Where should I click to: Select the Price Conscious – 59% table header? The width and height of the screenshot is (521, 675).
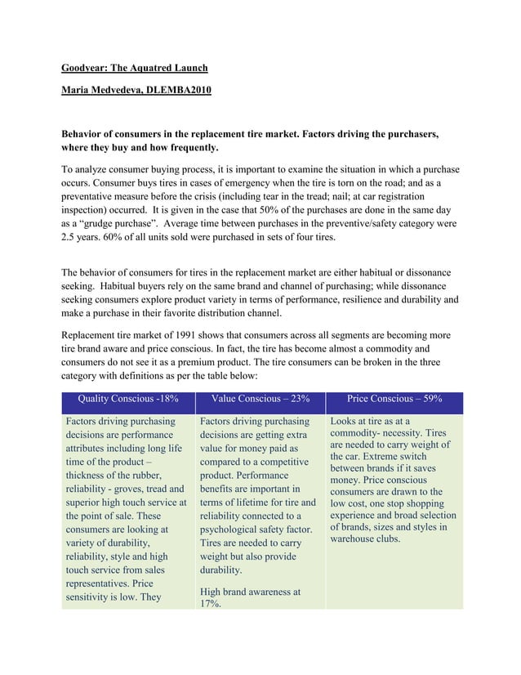(394, 400)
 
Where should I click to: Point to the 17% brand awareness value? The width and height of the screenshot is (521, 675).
(211, 604)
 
